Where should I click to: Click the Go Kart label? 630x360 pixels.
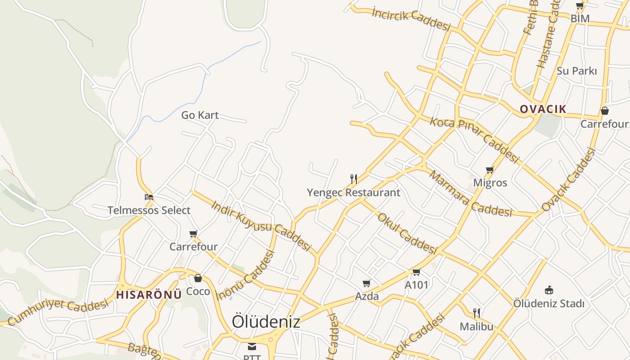[200, 115]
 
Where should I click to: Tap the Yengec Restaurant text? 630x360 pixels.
[353, 193]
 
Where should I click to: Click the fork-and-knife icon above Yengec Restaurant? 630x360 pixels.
[354, 179]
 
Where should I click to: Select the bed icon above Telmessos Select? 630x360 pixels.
[149, 197]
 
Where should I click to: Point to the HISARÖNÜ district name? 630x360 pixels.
[149, 295]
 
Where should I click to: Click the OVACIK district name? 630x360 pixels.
[543, 109]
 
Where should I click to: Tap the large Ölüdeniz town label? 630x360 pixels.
[266, 321]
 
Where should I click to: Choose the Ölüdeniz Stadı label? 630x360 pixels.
[549, 303]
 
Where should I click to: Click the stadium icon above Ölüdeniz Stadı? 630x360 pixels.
[549, 290]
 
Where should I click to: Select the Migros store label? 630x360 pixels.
[490, 183]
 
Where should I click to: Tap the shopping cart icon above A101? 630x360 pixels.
[416, 272]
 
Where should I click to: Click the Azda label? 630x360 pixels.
[367, 296]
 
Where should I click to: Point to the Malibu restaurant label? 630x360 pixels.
[477, 326]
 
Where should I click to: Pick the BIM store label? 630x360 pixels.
[580, 18]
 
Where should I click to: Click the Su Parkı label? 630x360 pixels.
[576, 71]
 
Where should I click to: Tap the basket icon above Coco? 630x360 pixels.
[198, 278]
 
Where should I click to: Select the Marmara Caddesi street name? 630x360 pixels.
[470, 193]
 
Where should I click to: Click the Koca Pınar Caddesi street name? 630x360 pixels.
[475, 140]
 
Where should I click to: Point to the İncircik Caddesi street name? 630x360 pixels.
[411, 18]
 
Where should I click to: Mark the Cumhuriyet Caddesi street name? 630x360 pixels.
[58, 311]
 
